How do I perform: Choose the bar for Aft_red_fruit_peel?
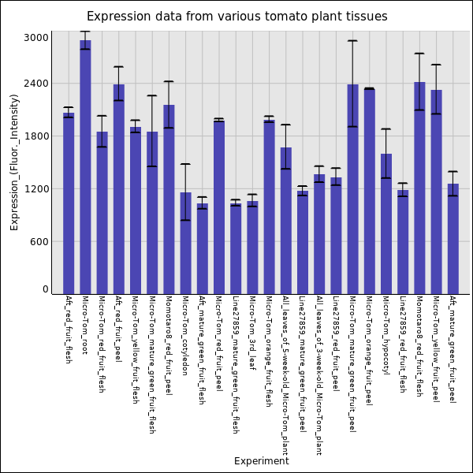(118, 189)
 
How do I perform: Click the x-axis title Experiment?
(261, 461)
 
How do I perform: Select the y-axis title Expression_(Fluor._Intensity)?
(14, 162)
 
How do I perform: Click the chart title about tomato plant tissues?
(236, 17)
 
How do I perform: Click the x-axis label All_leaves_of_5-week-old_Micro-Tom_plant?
(285, 375)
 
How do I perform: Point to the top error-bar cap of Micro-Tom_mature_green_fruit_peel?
(352, 41)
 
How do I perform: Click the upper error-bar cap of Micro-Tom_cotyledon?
(185, 164)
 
